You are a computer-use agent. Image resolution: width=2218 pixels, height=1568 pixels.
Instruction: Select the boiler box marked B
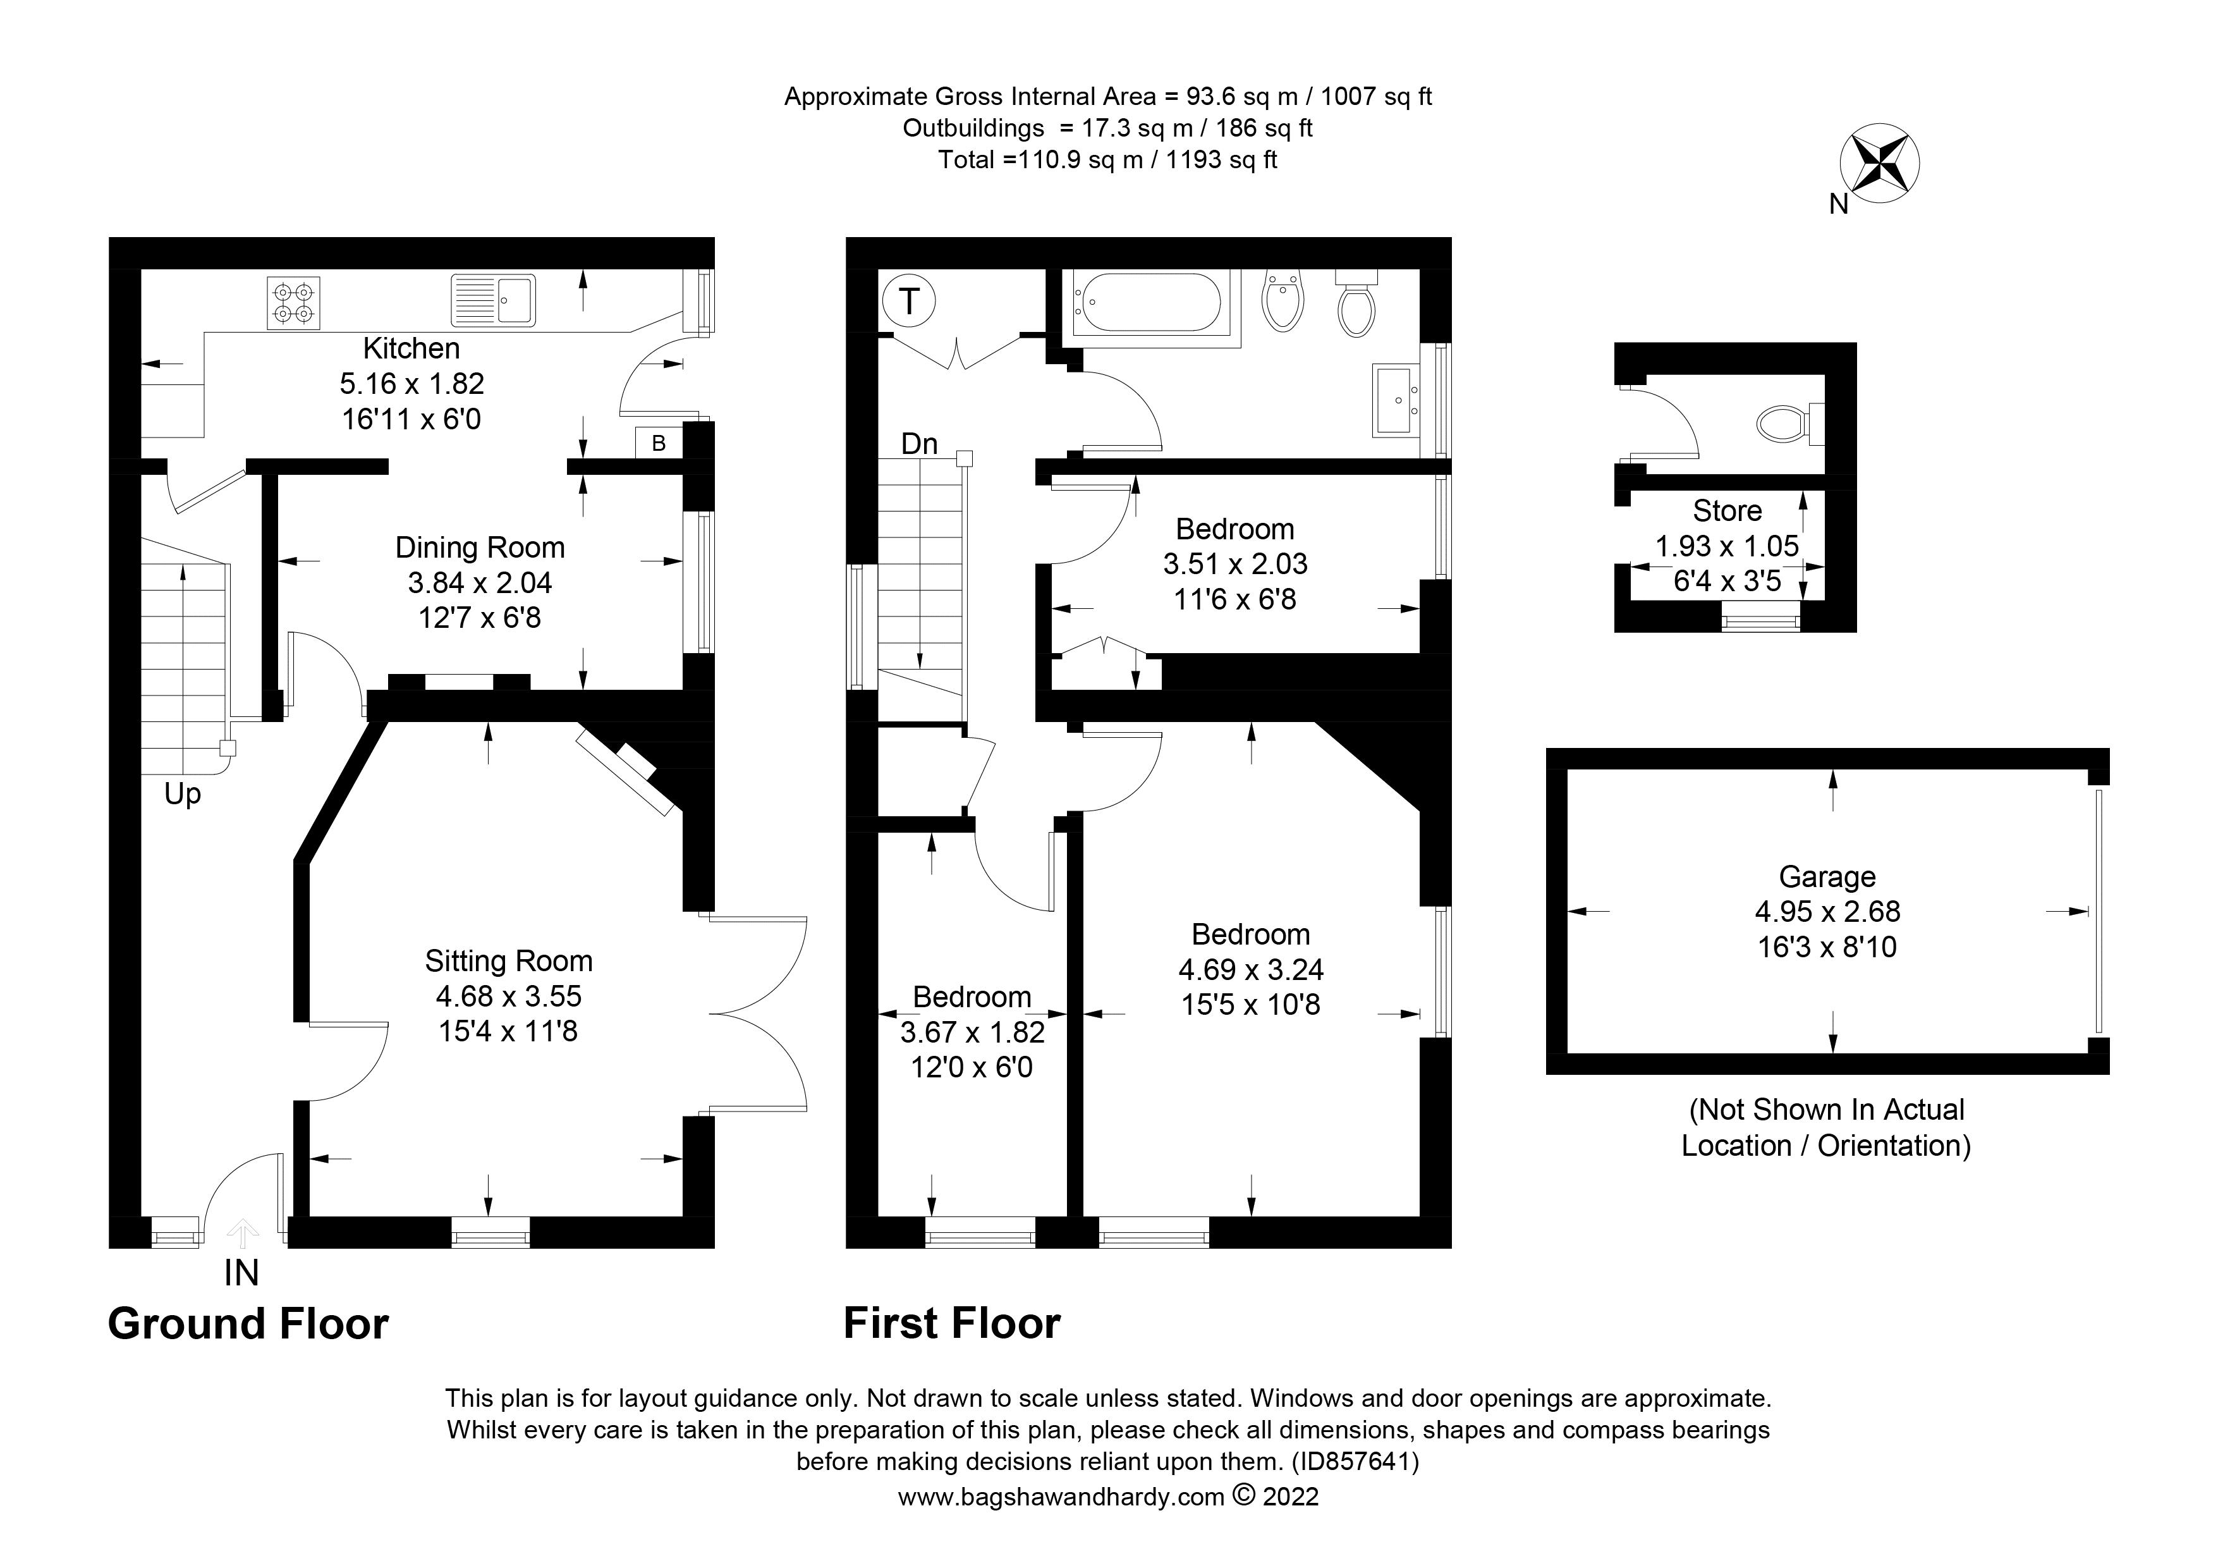coord(659,443)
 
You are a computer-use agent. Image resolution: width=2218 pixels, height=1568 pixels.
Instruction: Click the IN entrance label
coord(241,1273)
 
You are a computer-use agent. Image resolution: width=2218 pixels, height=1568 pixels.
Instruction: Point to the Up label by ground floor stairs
coord(183,794)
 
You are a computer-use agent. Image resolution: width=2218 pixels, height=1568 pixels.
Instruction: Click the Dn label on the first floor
coord(918,443)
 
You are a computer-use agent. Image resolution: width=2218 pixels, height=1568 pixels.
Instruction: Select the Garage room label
coord(1827,876)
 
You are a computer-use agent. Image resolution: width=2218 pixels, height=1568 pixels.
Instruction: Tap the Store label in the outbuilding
coord(1727,511)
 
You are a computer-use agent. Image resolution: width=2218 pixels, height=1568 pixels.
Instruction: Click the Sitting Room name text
coord(508,960)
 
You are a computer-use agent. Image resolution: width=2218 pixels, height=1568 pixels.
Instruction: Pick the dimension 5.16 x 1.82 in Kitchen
coord(411,384)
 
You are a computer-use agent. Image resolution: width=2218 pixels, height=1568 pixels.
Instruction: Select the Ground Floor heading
coord(248,1323)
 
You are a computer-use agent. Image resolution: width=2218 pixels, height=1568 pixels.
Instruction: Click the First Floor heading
coord(951,1323)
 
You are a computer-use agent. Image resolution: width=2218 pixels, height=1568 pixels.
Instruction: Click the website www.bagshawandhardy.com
coord(1061,1497)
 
